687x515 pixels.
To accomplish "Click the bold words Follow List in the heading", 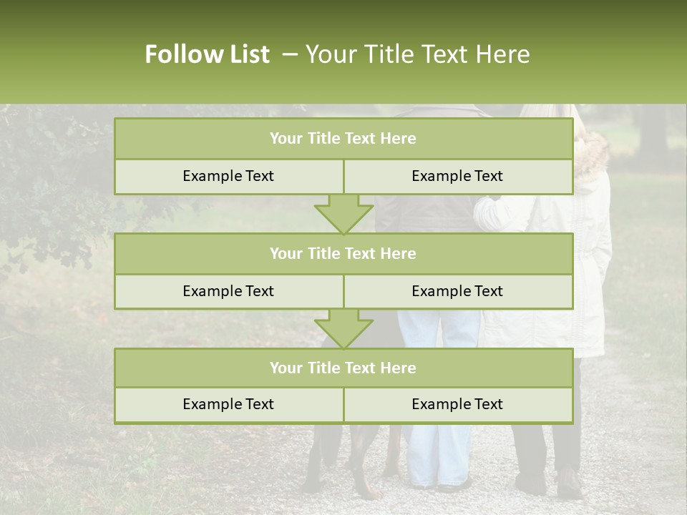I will pyautogui.click(x=207, y=54).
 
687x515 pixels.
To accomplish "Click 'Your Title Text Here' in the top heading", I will pyautogui.click(x=417, y=54).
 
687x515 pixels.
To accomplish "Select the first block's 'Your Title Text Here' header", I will pyautogui.click(x=343, y=139).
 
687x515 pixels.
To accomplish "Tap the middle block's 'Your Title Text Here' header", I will pyautogui.click(x=343, y=253).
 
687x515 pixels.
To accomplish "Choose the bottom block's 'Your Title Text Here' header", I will pyautogui.click(x=343, y=368).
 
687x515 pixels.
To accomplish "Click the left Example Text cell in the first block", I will pyautogui.click(x=228, y=176).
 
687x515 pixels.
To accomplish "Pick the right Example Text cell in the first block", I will pyautogui.click(x=457, y=176).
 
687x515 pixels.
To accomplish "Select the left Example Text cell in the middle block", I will pyautogui.click(x=228, y=291).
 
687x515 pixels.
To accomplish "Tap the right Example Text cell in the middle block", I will pyautogui.click(x=457, y=291).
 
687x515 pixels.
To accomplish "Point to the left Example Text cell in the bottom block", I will pyautogui.click(x=228, y=404).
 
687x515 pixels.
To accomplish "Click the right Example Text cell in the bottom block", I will pyautogui.click(x=457, y=404).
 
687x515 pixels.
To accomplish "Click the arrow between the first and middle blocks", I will pyautogui.click(x=343, y=214).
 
